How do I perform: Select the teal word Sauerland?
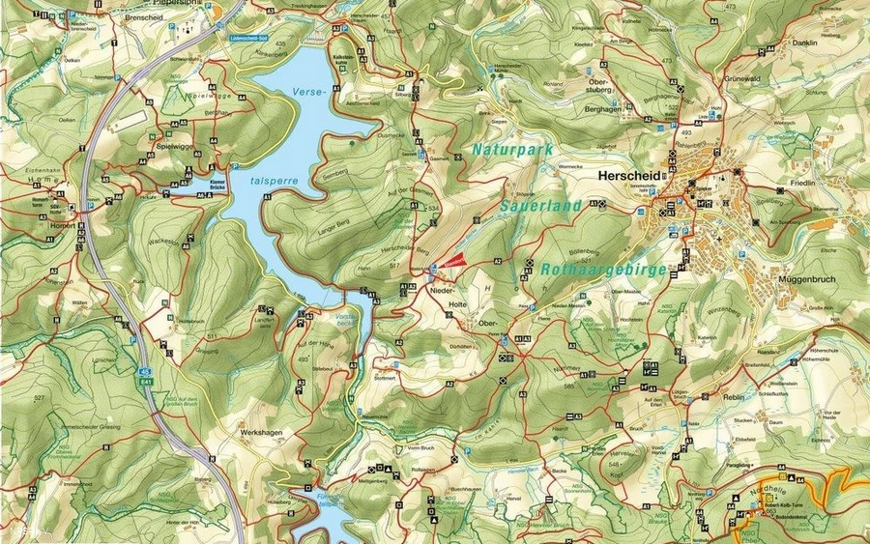pyautogui.click(x=541, y=206)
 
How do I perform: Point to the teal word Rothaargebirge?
pyautogui.click(x=604, y=270)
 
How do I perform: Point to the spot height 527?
pyautogui.click(x=39, y=398)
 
